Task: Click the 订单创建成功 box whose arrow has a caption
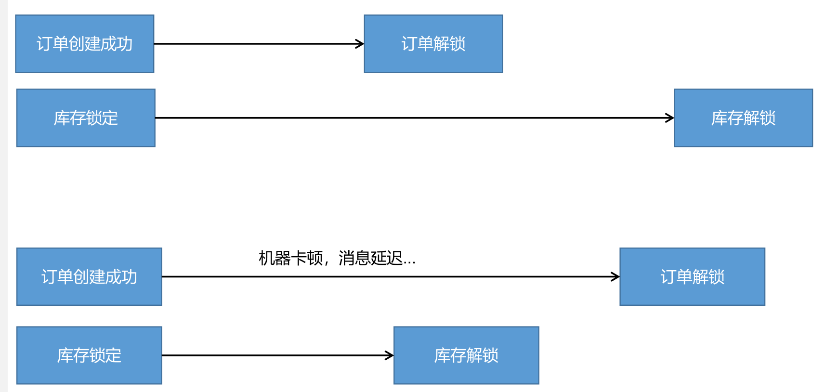[x=89, y=276]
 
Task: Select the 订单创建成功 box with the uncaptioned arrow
[x=84, y=44]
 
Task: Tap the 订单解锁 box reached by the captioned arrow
[x=692, y=276]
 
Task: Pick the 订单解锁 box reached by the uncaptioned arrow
[x=433, y=44]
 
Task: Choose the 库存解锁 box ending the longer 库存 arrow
[x=743, y=118]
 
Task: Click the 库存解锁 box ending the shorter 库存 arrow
[x=466, y=355]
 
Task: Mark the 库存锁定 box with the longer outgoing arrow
[x=86, y=118]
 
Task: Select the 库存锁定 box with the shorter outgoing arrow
[x=89, y=355]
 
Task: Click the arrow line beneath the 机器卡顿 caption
[x=385, y=277]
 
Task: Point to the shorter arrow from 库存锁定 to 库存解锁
[x=275, y=355]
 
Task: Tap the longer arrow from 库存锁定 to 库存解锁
[x=409, y=118]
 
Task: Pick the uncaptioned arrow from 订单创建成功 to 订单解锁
[x=255, y=44]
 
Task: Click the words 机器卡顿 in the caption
[x=290, y=258]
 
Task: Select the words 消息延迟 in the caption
[x=370, y=258]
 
